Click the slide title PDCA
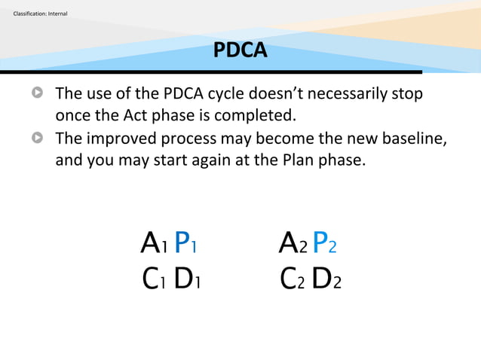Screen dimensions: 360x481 (x=240, y=50)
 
